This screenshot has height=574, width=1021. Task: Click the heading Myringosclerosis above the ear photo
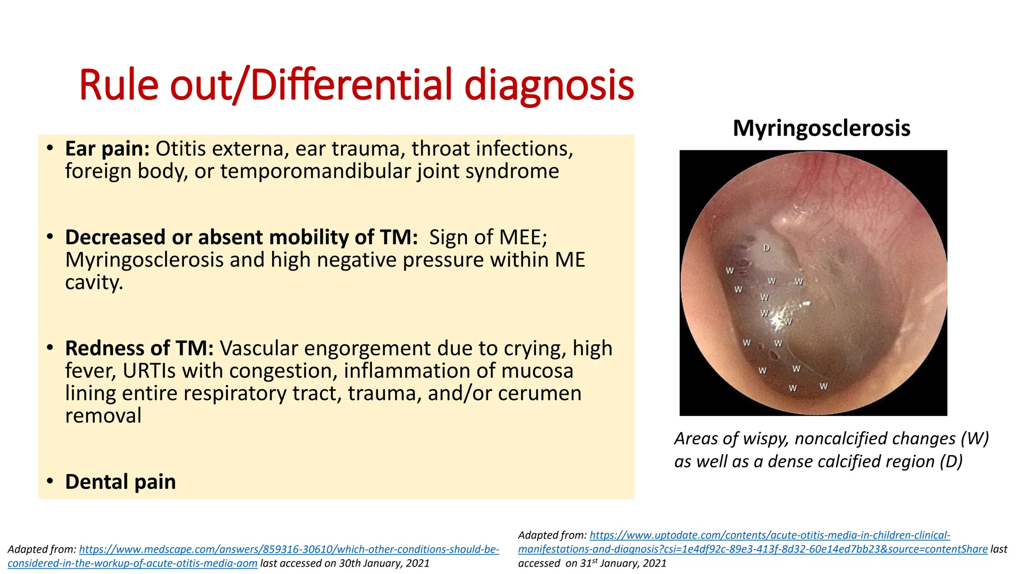point(821,129)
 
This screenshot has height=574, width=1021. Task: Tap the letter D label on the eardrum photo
point(767,248)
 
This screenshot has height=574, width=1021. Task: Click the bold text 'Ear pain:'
point(107,149)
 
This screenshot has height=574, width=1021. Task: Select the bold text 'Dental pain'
point(120,482)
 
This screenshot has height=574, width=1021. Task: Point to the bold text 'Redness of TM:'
point(139,348)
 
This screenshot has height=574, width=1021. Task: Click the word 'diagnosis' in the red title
point(549,85)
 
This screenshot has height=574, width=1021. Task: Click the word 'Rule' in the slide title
point(119,85)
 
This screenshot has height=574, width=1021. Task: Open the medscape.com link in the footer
point(289,550)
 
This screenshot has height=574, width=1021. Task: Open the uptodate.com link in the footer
point(770,536)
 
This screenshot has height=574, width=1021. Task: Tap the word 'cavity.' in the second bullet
point(94,283)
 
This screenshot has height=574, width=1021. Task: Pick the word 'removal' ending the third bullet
point(103,416)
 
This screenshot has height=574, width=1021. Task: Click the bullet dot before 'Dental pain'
point(50,481)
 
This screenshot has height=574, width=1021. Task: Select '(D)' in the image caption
point(951,461)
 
